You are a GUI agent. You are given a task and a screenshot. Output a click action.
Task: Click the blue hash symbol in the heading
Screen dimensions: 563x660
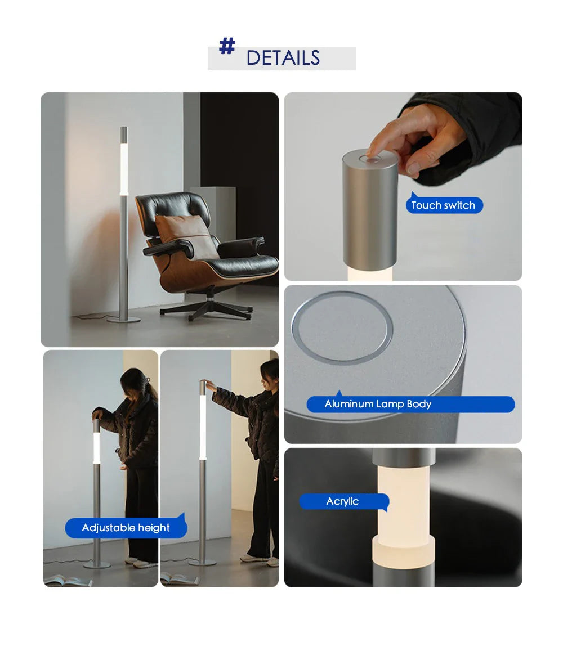coord(227,46)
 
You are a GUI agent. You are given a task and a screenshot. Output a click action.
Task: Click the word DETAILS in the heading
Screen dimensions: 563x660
coord(283,57)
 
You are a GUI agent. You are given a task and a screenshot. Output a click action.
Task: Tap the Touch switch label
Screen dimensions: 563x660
coord(444,205)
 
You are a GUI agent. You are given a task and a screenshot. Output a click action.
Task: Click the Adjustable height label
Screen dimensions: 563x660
coord(126,527)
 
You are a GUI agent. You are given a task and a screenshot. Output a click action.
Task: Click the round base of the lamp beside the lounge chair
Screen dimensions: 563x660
coord(123,320)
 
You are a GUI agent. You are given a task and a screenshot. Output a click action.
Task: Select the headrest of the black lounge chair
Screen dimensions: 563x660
coord(173,208)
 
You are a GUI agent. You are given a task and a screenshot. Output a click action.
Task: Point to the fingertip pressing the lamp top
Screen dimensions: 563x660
coord(371,151)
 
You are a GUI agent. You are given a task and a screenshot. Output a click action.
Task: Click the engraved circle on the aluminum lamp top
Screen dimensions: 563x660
coord(342,327)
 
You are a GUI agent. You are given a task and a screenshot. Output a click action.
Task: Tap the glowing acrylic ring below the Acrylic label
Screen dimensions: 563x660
coord(404,550)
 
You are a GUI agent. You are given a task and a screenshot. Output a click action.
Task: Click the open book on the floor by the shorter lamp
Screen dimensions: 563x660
coord(68,581)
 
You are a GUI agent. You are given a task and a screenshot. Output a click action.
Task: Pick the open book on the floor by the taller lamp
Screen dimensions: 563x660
coord(180,579)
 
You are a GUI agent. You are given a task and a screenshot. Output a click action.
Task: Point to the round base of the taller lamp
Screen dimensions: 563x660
coord(203,562)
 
